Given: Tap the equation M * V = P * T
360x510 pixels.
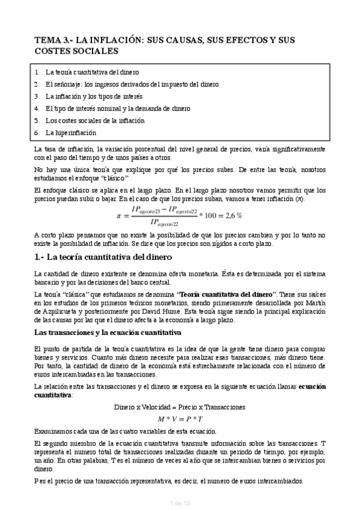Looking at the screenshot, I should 180,419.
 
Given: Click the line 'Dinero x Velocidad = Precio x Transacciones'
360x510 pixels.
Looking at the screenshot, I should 180,407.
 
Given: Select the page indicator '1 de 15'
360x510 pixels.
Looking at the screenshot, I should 180,502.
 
